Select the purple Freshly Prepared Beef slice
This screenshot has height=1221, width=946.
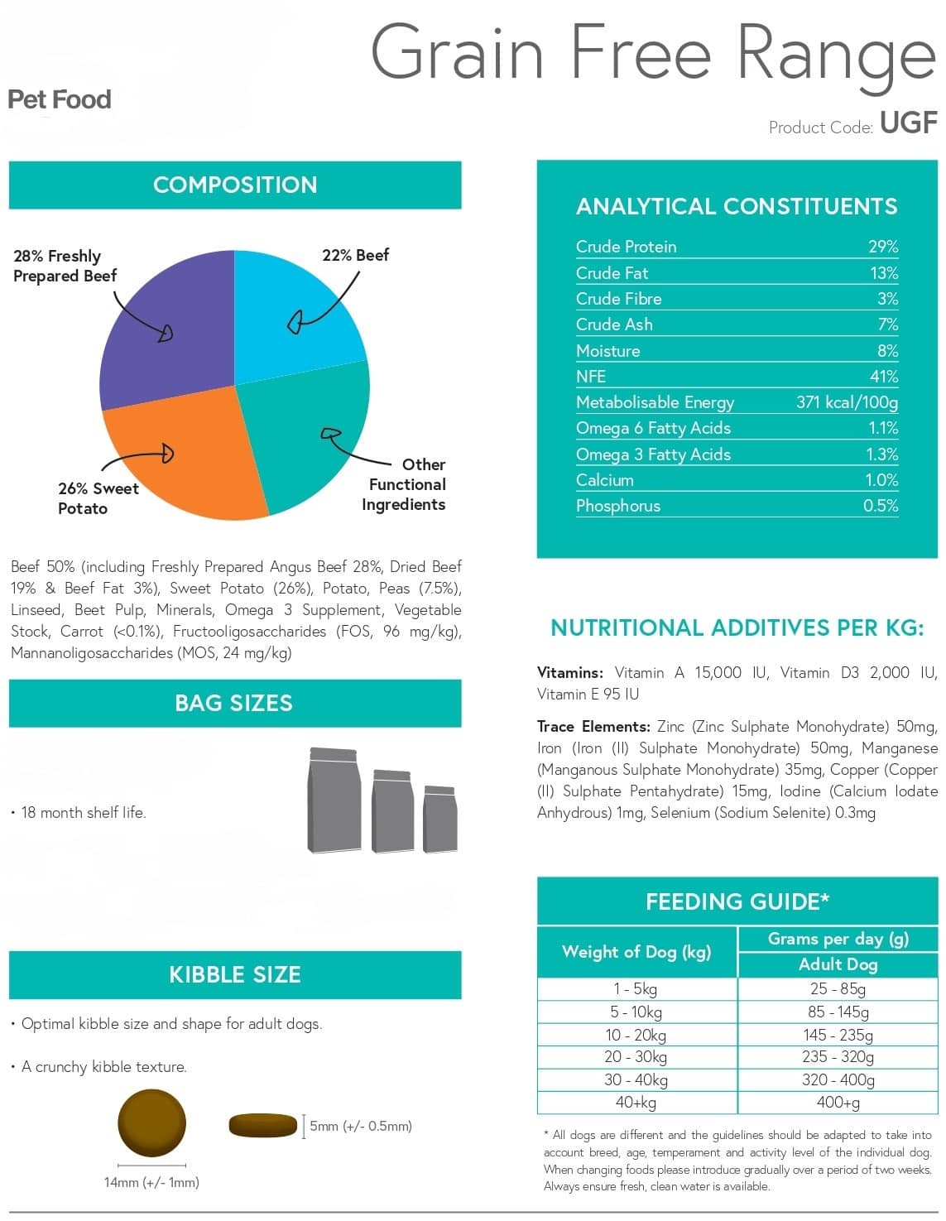169,331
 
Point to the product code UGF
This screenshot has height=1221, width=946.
909,123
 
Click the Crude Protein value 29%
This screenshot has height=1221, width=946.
883,247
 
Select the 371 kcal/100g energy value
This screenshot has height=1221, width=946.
847,402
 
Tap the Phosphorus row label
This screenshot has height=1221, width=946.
618,506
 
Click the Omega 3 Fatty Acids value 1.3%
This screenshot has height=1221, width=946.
882,454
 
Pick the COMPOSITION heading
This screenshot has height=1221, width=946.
235,185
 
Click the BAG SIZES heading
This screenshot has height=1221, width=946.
233,703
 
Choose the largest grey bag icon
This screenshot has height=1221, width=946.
334,800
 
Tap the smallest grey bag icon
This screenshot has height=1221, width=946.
439,819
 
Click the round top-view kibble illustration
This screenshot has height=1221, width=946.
151,1122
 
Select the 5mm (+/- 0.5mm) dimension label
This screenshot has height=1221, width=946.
361,1126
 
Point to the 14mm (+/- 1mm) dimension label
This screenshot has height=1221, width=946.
151,1182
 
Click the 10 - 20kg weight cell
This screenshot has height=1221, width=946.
636,1035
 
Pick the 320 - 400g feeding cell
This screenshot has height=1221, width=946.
838,1080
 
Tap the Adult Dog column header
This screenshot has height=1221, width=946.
838,964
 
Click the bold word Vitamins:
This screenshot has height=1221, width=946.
569,673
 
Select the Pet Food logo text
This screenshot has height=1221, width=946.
60,99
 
